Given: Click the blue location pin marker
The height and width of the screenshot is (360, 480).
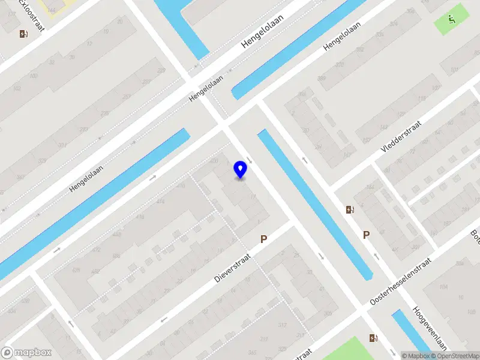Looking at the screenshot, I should tap(240, 170).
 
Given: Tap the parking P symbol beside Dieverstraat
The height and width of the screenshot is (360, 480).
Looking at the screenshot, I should tap(263, 239).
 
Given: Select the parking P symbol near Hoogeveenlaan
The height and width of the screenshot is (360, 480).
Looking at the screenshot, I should tap(366, 235).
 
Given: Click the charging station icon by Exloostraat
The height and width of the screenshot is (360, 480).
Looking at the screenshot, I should tap(23, 34).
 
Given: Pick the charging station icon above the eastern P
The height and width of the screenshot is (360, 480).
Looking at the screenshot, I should tap(350, 209).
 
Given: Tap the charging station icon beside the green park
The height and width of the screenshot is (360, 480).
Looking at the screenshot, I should tap(374, 338).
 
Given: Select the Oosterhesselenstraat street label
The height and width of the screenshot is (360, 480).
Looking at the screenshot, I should tap(400, 282).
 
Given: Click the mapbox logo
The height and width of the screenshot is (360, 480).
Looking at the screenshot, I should tap(26, 353).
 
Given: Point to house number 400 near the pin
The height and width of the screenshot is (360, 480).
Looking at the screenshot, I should tap(214, 161).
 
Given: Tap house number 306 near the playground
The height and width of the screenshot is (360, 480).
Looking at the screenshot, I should tap(410, 11).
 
